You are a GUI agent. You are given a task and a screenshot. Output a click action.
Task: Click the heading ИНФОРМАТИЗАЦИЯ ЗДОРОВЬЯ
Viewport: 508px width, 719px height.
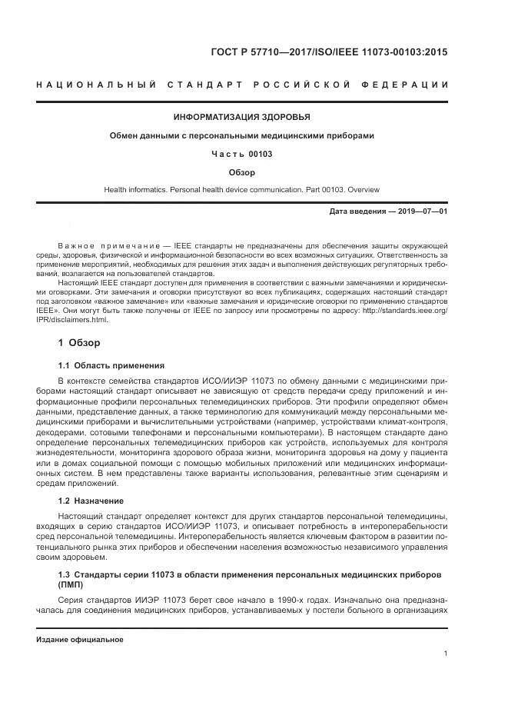coord(242,118)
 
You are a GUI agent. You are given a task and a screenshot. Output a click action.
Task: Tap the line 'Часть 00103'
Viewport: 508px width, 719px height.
coord(242,154)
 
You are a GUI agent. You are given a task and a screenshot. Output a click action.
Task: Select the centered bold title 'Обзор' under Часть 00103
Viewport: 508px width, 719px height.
coord(242,172)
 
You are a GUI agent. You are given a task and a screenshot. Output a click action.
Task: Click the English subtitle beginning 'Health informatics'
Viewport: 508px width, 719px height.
coord(242,189)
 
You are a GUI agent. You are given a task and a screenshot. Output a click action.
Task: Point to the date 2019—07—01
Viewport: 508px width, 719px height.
coord(423,211)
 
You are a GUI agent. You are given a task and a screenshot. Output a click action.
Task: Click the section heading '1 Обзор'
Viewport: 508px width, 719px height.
coord(79,341)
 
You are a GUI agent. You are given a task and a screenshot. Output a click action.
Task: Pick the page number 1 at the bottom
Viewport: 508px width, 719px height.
coord(446,654)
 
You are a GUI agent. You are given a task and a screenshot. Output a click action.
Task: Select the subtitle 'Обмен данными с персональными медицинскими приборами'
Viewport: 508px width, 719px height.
coord(242,136)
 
